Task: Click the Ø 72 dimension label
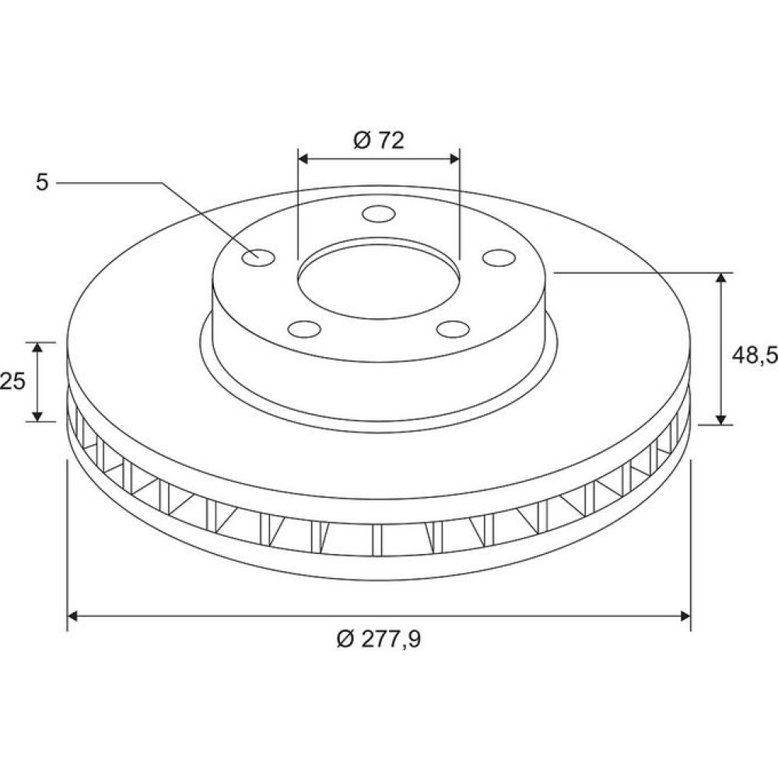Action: click(x=379, y=141)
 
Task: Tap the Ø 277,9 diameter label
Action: click(x=379, y=639)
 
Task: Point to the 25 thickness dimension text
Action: click(x=12, y=381)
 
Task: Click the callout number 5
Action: click(x=42, y=183)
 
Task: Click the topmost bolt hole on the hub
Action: click(x=379, y=215)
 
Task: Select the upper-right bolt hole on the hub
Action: click(x=499, y=258)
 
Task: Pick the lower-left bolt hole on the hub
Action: click(x=304, y=328)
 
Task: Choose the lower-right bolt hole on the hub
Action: click(x=453, y=328)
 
